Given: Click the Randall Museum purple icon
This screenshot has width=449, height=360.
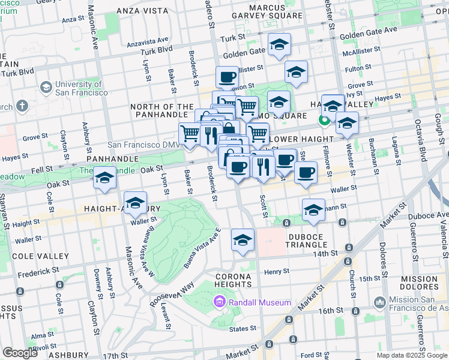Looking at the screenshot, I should (x=219, y=302).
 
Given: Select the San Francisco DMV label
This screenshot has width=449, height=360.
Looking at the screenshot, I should (x=142, y=145).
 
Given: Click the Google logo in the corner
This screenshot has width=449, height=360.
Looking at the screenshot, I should (x=19, y=352).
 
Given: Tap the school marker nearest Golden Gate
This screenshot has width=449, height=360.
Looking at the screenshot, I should (x=279, y=46).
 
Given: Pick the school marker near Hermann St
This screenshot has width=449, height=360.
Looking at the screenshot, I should (x=313, y=210).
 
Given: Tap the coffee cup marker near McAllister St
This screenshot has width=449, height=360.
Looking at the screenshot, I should (x=228, y=77).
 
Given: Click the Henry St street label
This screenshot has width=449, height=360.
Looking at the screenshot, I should (x=277, y=271).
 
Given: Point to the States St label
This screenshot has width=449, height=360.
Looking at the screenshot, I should (x=243, y=329).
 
